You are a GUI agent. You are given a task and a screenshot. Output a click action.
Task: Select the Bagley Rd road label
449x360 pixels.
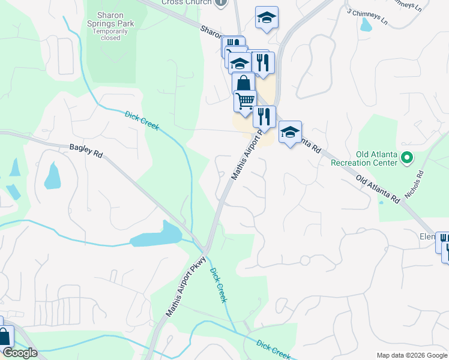click(86, 150)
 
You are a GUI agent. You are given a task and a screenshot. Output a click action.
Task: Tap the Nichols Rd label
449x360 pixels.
click(414, 185)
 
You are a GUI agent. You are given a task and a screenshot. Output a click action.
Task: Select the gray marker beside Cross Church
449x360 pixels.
click(221, 2)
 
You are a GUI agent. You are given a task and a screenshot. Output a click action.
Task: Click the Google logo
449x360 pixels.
click(20, 353)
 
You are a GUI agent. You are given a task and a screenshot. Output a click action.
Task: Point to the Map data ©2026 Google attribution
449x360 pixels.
click(412, 355)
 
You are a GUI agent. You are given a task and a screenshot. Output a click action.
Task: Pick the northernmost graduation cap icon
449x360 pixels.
click(267, 17)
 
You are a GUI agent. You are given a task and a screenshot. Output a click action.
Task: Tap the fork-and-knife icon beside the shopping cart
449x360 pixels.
click(264, 116)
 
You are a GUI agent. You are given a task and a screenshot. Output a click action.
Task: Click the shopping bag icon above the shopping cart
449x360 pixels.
click(243, 83)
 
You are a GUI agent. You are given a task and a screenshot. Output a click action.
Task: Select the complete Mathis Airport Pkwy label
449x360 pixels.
click(186, 286)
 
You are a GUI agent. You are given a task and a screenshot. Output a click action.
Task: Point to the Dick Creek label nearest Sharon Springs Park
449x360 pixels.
click(142, 120)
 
